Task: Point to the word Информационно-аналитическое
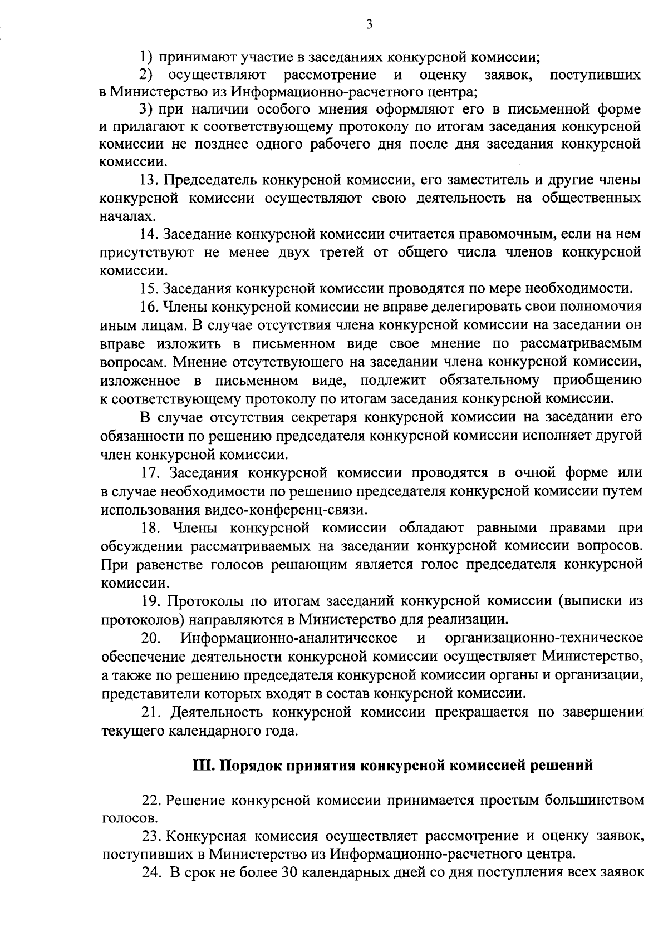point(293,638)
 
